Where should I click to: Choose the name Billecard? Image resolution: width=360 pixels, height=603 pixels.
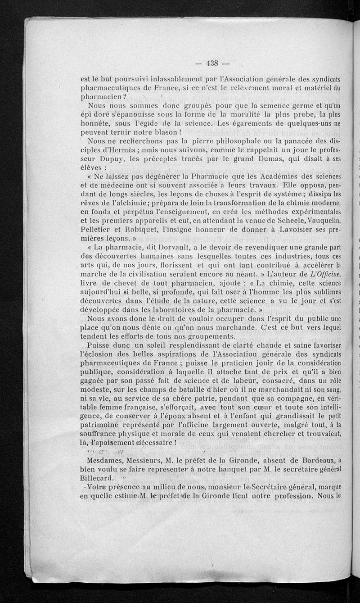click(97, 478)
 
